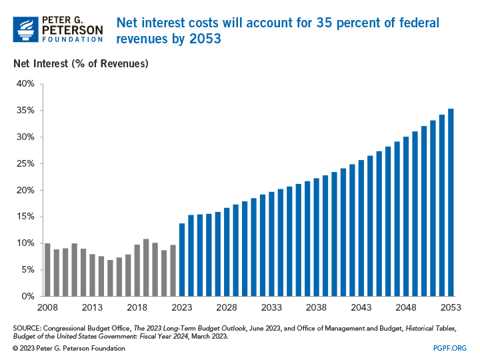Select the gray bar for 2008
47,270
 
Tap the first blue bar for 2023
182,260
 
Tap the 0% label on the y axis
26,297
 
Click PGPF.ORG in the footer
451,349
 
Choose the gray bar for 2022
173,271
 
